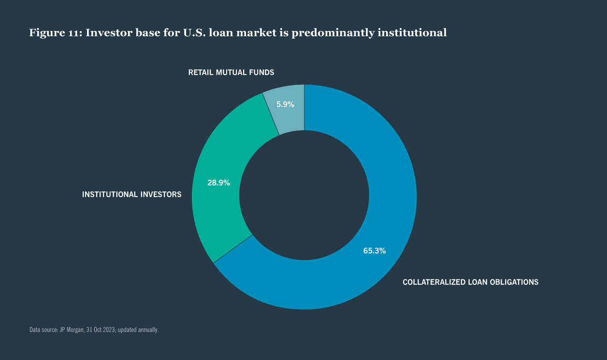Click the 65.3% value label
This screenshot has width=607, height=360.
point(374,251)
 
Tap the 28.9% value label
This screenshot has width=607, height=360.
point(218,183)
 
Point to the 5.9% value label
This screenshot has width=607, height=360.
point(285,104)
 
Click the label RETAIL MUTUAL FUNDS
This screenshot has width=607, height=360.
point(231,72)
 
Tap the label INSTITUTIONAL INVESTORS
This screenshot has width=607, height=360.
point(132,194)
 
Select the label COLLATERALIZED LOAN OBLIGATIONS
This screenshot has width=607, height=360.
point(470,282)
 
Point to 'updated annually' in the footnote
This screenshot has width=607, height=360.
point(142,330)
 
